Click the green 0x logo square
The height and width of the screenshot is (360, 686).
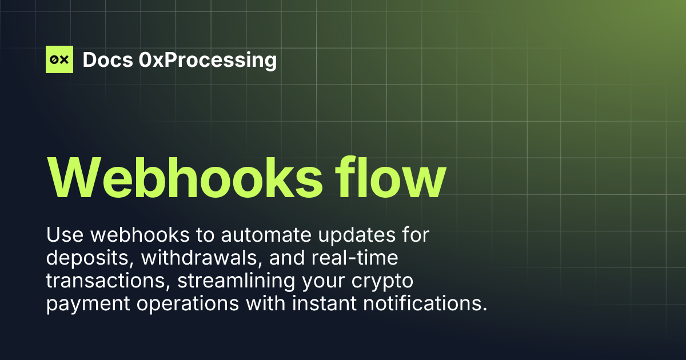[59, 59]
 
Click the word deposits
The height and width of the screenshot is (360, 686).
[87, 258]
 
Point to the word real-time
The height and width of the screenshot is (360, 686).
[354, 258]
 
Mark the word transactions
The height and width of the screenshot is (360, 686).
[101, 281]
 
